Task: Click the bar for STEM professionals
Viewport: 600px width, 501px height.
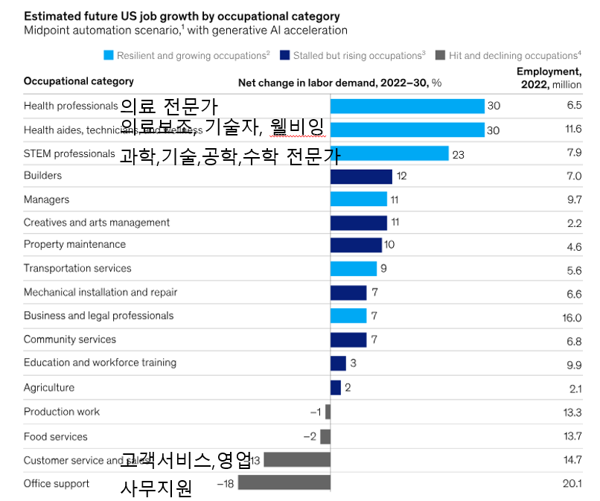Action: [x=389, y=153]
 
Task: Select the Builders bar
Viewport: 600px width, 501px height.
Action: [x=361, y=176]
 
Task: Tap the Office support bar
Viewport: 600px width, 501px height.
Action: [x=284, y=483]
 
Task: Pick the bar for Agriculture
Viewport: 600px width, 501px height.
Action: [x=336, y=387]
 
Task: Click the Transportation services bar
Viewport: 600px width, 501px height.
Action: [x=354, y=269]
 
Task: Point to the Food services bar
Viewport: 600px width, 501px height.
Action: [x=325, y=436]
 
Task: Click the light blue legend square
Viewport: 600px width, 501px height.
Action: [x=109, y=55]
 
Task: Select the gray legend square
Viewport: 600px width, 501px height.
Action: [x=440, y=55]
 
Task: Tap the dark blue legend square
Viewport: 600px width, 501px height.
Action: [x=285, y=55]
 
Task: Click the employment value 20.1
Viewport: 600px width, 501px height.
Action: [x=572, y=484]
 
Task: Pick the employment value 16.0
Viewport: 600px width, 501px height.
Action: [x=572, y=316]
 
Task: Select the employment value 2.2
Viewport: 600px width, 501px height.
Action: [x=574, y=223]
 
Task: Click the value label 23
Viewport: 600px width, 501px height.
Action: [x=459, y=154]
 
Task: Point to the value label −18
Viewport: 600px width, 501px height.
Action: [x=226, y=484]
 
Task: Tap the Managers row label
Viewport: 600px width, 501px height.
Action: [x=46, y=200]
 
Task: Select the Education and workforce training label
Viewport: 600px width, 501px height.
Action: [x=100, y=363]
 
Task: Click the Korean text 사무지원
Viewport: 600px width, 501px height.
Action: [x=156, y=489]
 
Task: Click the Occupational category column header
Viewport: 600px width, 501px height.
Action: [x=78, y=81]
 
